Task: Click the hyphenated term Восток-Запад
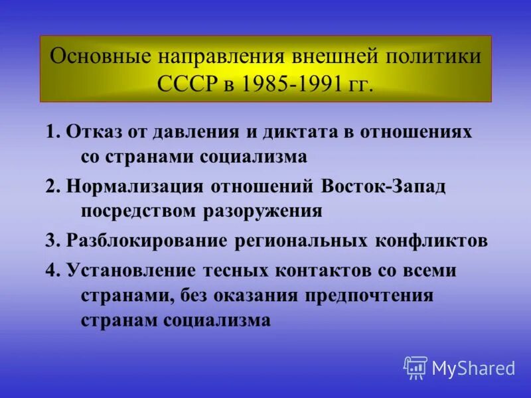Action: pyautogui.click(x=384, y=186)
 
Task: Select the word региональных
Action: pyautogui.click(x=298, y=241)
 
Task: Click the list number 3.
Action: pyautogui.click(x=50, y=241)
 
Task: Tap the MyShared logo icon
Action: pyautogui.click(x=416, y=367)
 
